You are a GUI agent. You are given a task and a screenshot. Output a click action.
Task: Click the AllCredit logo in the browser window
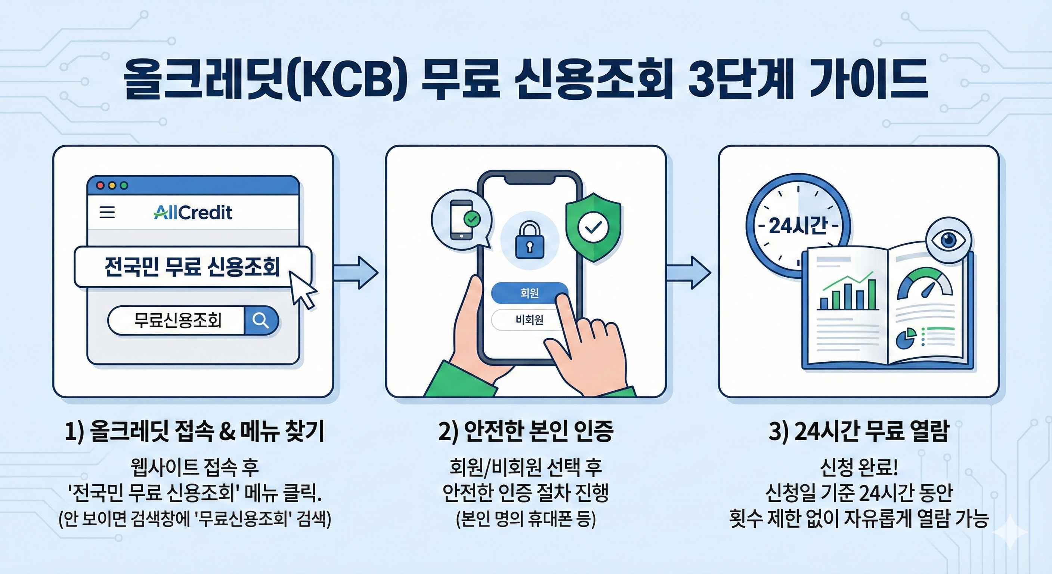193,212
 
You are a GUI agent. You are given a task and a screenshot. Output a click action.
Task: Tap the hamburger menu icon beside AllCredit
107,212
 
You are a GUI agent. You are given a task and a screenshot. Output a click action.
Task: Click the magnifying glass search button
260,320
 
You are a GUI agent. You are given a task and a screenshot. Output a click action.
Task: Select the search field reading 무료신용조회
178,320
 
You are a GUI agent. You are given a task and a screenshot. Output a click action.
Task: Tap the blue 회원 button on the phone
529,293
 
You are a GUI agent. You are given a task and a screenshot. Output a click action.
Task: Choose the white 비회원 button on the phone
529,320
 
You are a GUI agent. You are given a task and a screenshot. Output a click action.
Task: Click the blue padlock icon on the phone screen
530,241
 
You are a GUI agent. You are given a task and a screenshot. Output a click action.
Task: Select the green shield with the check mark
593,227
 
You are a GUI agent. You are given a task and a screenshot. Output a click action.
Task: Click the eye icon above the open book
948,241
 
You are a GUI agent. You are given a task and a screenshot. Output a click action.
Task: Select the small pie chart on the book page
906,339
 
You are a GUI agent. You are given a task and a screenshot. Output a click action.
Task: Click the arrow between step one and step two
356,272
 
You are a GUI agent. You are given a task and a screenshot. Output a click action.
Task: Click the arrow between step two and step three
689,272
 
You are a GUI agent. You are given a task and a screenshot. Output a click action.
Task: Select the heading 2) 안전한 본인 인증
526,431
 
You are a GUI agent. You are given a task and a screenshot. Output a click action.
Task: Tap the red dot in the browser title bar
100,185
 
